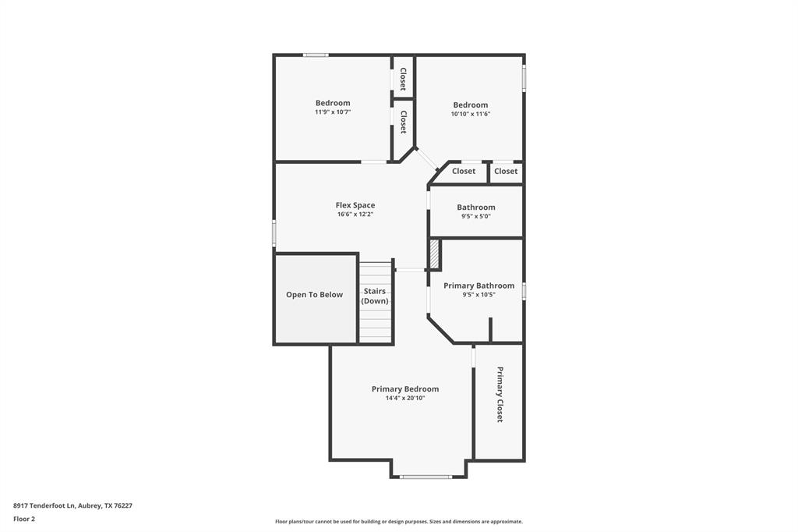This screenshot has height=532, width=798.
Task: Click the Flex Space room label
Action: (355, 205)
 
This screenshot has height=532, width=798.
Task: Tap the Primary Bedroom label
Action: (404, 389)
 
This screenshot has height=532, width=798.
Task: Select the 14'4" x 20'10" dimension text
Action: (404, 399)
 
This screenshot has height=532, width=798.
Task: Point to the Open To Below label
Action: (314, 295)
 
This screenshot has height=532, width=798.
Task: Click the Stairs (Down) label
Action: (375, 296)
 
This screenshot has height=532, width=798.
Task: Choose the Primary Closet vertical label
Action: (500, 394)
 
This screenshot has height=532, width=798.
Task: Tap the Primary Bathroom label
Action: (478, 286)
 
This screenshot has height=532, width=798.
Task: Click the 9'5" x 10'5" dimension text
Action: (478, 295)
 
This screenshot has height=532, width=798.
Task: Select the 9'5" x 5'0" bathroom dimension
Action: (475, 216)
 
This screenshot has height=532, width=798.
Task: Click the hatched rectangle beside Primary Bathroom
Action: (434, 254)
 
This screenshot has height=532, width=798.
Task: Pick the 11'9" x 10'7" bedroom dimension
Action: (333, 112)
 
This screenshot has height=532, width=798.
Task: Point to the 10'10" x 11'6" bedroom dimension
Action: (470, 114)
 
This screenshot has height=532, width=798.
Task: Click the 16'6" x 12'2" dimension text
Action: (355, 215)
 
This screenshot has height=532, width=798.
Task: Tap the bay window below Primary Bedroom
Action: (425, 476)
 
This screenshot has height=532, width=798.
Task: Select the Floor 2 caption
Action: (24, 519)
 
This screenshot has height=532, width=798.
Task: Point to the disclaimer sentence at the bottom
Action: (398, 522)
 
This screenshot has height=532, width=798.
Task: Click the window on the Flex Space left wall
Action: (274, 232)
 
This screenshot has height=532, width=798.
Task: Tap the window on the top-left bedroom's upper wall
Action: (315, 55)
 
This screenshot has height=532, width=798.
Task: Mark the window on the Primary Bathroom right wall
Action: (524, 291)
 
